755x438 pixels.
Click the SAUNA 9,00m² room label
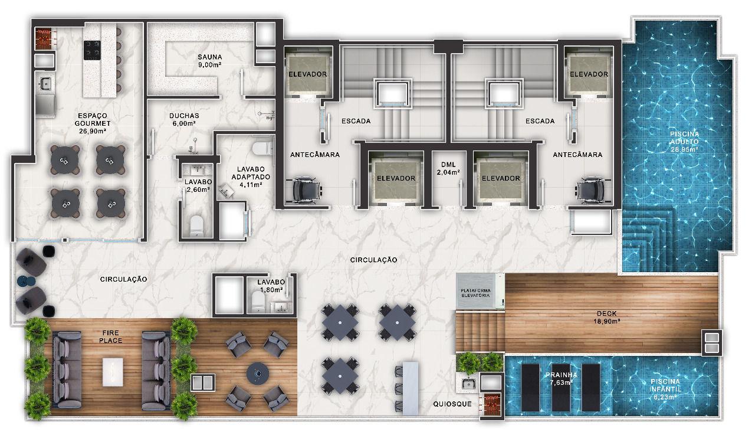coord(209,61)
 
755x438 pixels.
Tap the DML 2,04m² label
coord(448,168)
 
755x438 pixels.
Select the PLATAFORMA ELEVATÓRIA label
coord(475,293)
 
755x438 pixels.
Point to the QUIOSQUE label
coord(452,404)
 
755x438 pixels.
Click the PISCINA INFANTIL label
coord(665,389)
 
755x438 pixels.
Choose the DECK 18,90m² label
coord(606,317)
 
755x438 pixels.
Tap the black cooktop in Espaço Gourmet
coord(92,50)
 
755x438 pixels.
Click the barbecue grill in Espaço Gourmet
coord(44,38)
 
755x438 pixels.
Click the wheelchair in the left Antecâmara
coord(306,189)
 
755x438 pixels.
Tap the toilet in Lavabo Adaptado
coord(262,149)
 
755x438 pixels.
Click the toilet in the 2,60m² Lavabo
coord(197,225)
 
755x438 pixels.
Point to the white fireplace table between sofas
coord(113,371)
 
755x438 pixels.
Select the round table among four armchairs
coord(258,373)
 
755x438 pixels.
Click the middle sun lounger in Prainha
coord(560,387)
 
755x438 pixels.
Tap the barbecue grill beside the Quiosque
coord(491,404)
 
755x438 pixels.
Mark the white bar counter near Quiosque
coord(410,388)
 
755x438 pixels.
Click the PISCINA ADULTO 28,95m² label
coord(684,142)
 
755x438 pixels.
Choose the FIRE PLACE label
coord(110,337)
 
